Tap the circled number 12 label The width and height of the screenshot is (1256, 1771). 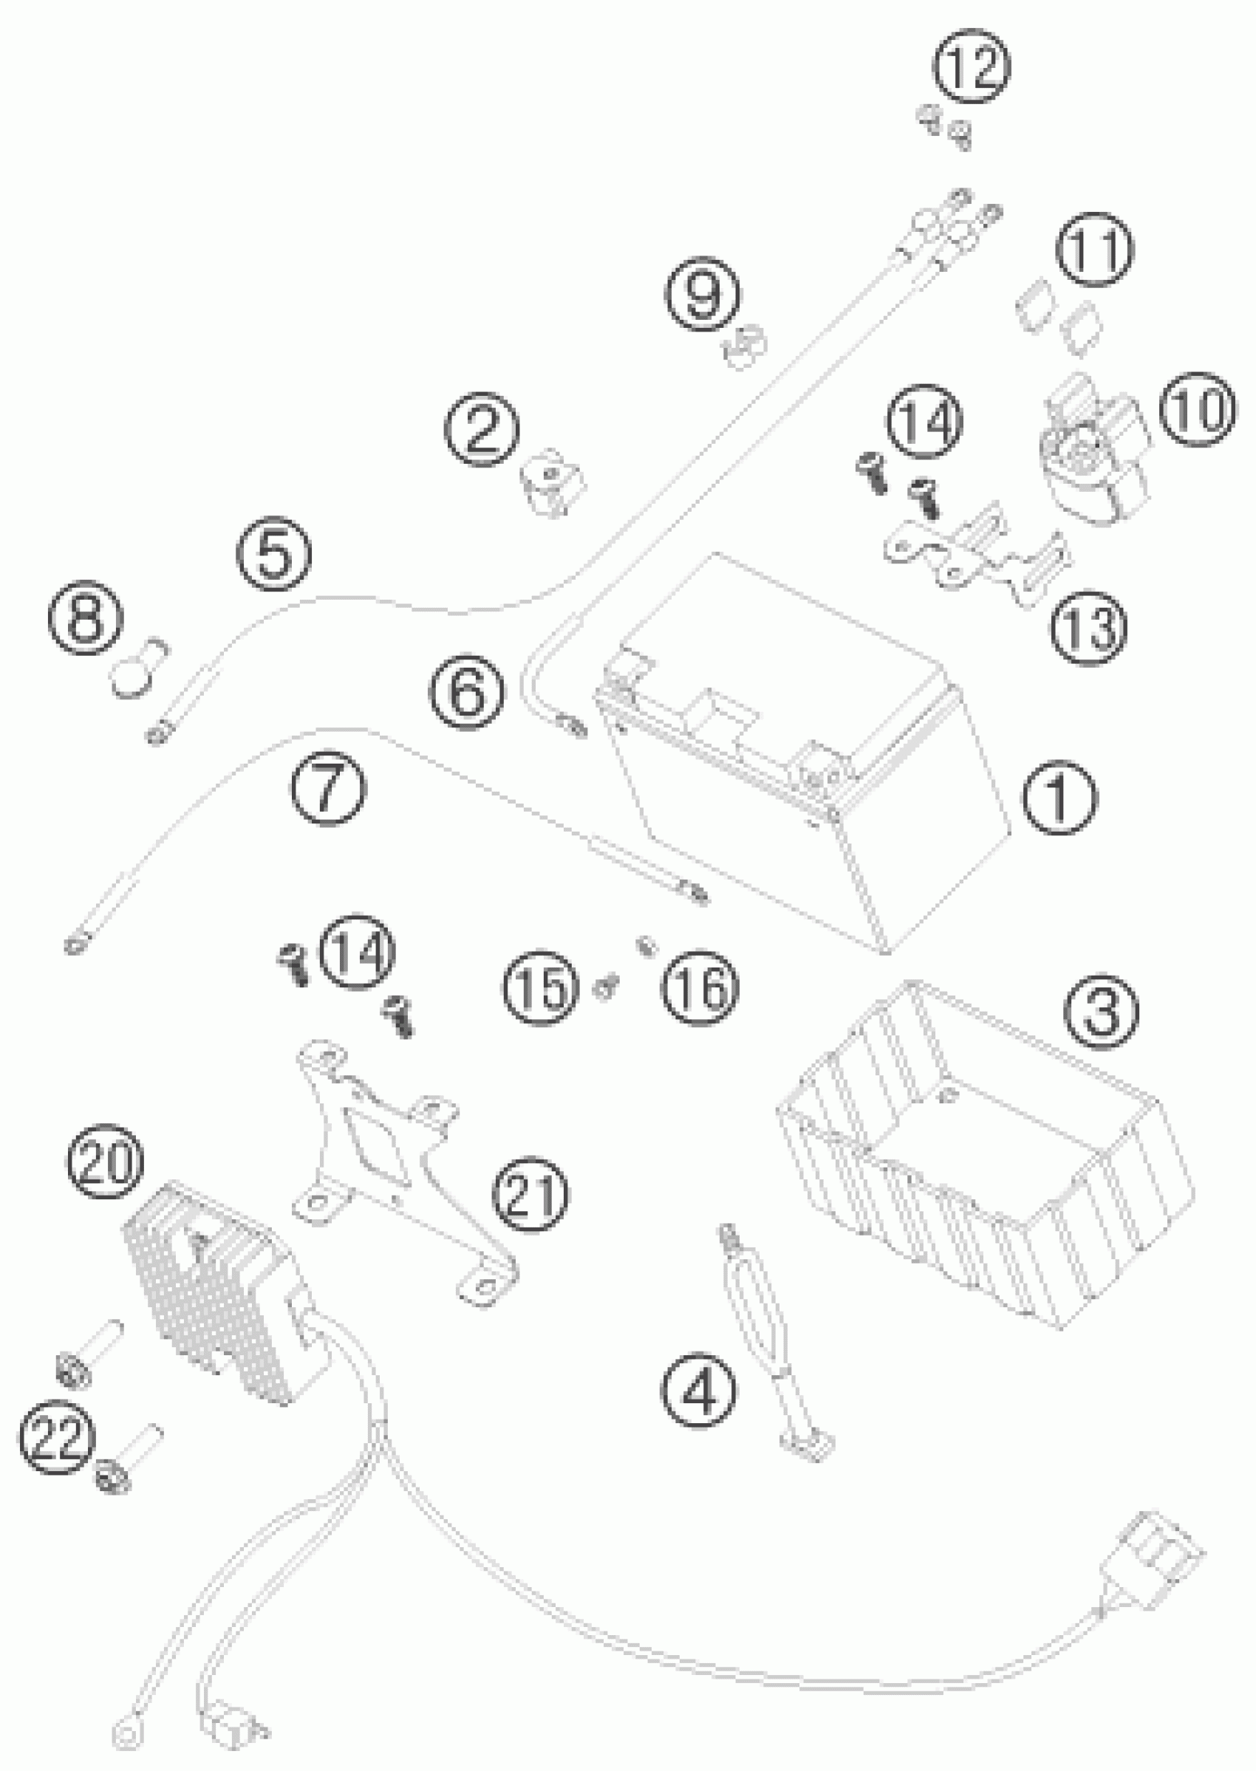972,66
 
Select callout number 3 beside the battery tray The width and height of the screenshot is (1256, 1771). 1102,1011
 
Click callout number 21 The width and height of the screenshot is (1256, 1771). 530,1194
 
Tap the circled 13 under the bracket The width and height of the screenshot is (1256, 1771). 1088,627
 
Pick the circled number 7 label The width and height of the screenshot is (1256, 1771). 328,787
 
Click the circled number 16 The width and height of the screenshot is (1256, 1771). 699,988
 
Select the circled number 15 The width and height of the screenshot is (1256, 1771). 541,988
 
